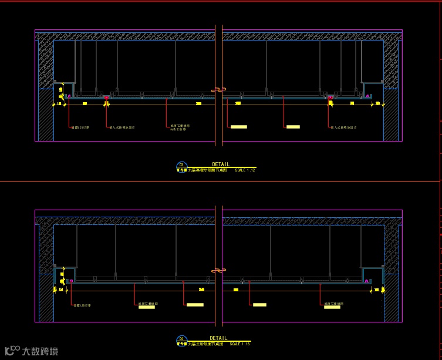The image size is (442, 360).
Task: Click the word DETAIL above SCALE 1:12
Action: [x=221, y=164]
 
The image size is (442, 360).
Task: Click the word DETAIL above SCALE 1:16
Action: [x=218, y=338]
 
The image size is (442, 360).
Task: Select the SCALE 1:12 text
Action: [x=245, y=170]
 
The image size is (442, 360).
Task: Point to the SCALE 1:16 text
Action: [x=239, y=344]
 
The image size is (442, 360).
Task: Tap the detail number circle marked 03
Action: [x=181, y=165]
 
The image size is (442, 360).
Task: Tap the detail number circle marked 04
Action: [x=181, y=339]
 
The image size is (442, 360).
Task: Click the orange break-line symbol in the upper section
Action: [x=218, y=90]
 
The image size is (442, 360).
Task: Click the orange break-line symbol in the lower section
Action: [x=218, y=270]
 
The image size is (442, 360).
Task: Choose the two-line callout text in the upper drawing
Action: [x=180, y=127]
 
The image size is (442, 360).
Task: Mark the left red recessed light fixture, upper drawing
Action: [x=106, y=97]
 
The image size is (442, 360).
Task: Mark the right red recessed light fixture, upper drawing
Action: [x=330, y=97]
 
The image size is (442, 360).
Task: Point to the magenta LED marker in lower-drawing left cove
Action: [x=71, y=281]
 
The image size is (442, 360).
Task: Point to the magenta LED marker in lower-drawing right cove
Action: [x=368, y=281]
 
